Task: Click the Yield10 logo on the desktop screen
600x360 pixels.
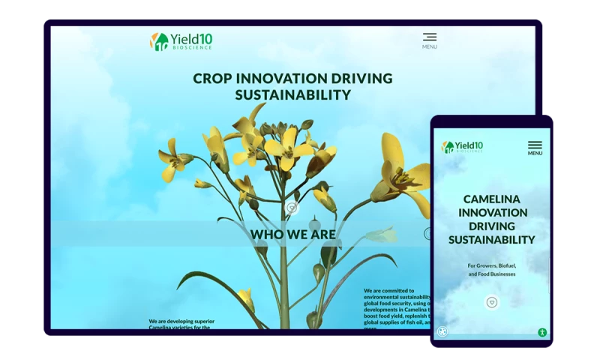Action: (181, 41)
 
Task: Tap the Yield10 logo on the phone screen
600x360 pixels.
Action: (462, 147)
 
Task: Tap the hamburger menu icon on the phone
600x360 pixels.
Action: (535, 145)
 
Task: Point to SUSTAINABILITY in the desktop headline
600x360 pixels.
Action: (292, 95)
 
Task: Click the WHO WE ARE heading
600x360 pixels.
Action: (292, 235)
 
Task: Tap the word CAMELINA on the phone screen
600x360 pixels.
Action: (492, 199)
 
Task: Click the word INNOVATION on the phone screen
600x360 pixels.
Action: (492, 213)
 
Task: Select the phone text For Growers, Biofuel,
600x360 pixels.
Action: (492, 265)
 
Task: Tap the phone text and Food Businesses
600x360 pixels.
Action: (492, 274)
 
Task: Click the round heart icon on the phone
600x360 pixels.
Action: (492, 302)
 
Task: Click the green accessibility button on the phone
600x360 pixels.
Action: (542, 332)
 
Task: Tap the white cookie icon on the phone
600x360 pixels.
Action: (442, 331)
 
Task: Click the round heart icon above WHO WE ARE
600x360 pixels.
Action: (292, 208)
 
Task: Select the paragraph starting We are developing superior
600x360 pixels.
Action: (181, 324)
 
